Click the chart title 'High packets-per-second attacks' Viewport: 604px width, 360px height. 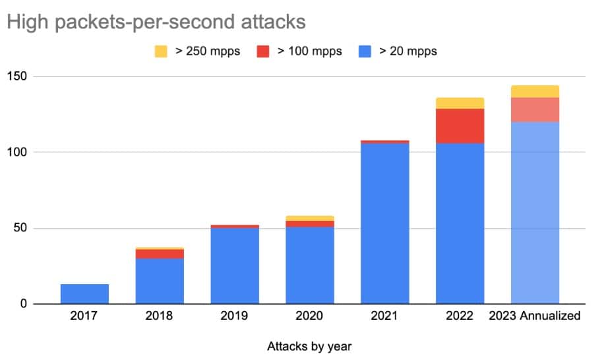pos(156,22)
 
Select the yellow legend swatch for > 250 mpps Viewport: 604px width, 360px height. pos(161,51)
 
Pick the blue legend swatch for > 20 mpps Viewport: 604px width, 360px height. pos(365,51)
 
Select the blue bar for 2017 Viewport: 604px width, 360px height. pos(84,294)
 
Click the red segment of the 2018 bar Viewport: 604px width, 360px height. pos(160,254)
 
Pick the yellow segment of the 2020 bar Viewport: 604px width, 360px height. pos(310,218)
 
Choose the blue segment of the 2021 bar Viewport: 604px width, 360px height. pos(385,224)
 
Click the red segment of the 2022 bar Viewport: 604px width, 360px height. pos(460,126)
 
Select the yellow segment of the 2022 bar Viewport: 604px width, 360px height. pos(460,103)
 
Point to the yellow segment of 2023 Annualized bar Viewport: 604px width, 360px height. pos(535,91)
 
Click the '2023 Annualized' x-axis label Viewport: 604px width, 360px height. pos(535,316)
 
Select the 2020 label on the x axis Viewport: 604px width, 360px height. pos(310,316)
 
